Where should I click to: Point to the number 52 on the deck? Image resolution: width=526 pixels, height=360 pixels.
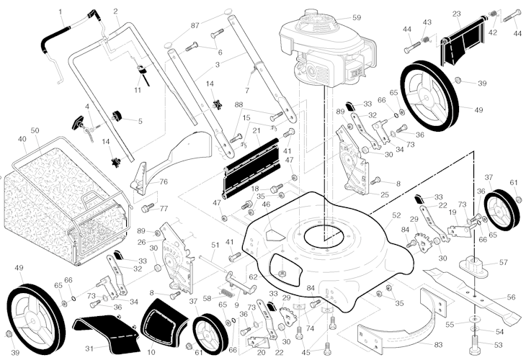[396, 215]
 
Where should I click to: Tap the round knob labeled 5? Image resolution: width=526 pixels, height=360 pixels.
[117, 116]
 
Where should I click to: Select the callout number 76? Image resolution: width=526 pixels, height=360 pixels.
[164, 181]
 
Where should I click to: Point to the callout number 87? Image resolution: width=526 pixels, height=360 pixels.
[195, 25]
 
